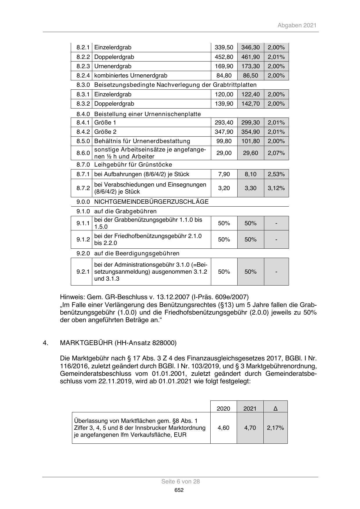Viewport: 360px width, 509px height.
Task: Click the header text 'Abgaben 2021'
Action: click(297, 25)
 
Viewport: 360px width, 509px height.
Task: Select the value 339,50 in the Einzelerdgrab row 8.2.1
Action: click(224, 47)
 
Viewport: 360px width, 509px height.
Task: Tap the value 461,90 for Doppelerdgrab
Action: click(250, 57)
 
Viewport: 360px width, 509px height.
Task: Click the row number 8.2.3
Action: click(83, 66)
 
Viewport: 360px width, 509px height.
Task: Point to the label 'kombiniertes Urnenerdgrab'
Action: click(131, 75)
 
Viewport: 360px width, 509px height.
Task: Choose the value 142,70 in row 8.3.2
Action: click(250, 104)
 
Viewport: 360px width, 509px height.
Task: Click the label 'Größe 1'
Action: click(105, 122)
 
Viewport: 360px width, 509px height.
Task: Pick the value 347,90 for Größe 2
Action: click(224, 132)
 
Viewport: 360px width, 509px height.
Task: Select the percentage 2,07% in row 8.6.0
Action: click(276, 153)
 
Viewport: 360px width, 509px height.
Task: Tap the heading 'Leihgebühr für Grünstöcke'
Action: click(133, 165)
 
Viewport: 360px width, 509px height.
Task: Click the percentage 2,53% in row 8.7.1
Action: click(276, 174)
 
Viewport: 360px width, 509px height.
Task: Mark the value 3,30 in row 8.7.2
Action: click(250, 188)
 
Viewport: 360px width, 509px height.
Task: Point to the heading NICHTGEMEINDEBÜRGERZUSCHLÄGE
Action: click(151, 201)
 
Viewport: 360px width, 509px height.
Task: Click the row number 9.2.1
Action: click(83, 272)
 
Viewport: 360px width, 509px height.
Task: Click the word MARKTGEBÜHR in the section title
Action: click(86, 343)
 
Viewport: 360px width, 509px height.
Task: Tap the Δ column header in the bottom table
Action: click(275, 409)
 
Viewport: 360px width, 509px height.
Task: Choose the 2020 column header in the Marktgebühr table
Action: click(223, 409)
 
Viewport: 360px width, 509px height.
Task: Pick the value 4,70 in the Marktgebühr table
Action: click(250, 428)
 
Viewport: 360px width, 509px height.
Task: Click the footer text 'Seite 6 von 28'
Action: click(180, 481)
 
